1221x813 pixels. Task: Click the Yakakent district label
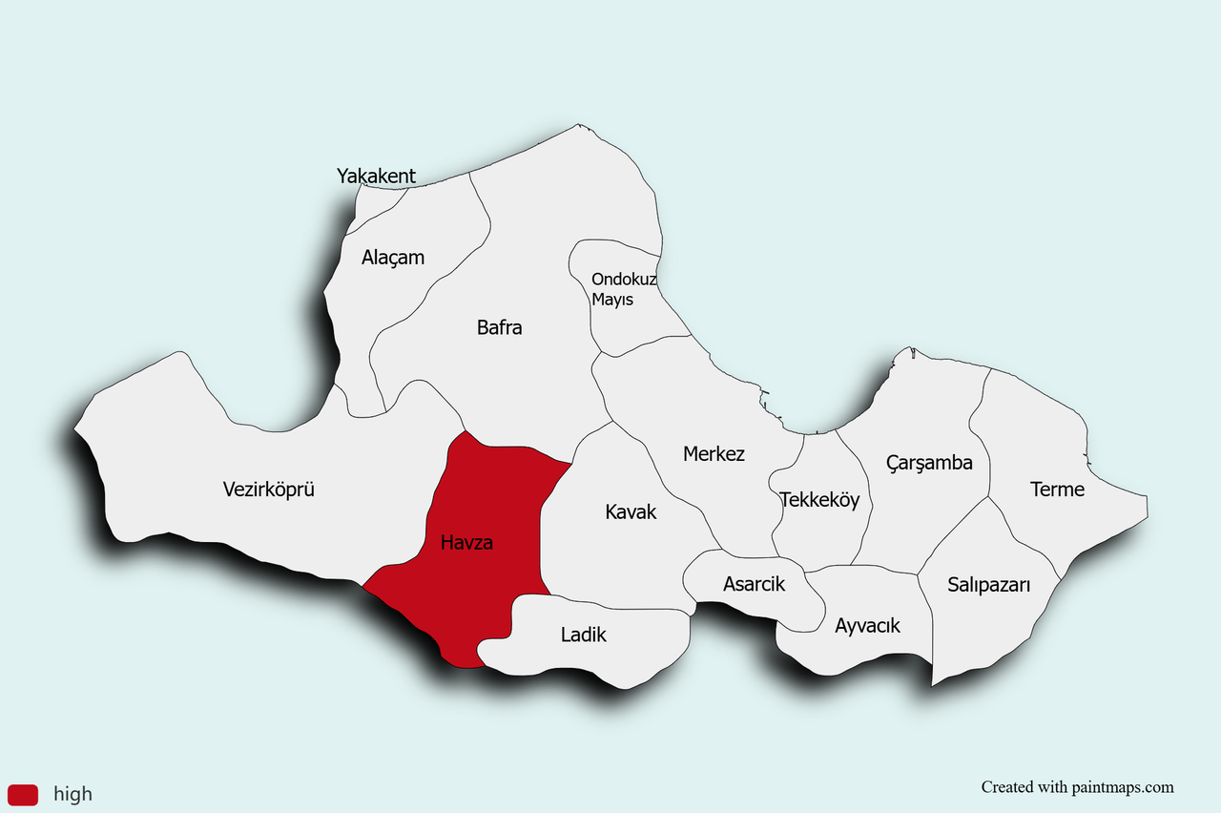tap(376, 176)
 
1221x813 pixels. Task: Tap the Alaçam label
tap(393, 258)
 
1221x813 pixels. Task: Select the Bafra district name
tap(499, 327)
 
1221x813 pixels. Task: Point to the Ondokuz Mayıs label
tap(624, 289)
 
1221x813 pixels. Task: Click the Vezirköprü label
tap(268, 490)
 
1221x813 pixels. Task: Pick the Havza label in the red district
tap(466, 543)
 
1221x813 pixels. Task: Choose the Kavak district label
tap(631, 512)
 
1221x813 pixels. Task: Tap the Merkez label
tap(714, 454)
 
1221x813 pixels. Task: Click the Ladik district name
tap(583, 635)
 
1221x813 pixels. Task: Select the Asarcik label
tap(754, 584)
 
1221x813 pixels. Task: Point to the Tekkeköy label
tap(819, 500)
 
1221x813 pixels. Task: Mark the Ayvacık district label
tap(867, 626)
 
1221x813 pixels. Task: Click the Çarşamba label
tap(929, 464)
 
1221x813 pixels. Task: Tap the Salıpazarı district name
tap(988, 585)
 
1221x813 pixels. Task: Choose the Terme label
tap(1057, 490)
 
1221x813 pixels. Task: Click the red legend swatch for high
tap(23, 794)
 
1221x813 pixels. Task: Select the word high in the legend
tap(72, 794)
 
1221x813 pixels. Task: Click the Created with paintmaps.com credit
tap(1077, 787)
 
